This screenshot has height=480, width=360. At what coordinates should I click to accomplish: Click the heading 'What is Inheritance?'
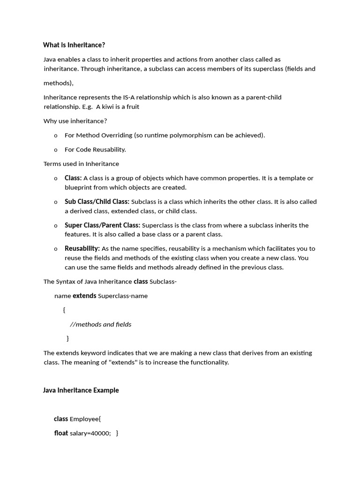coord(74,45)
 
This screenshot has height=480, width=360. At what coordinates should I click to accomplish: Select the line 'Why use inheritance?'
coord(75,121)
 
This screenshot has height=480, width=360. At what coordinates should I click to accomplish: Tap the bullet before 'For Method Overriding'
coord(56,135)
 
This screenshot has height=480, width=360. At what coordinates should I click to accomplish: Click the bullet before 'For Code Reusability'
coord(56,150)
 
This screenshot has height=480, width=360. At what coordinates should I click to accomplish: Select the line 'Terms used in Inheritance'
coord(81,164)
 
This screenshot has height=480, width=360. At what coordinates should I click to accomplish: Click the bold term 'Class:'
coord(73,178)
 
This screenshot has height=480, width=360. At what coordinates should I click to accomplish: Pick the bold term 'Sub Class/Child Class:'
coord(97,202)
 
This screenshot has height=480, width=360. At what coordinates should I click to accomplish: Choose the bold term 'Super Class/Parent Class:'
coord(102,225)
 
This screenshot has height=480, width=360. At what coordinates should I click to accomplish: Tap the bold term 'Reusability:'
coord(82,248)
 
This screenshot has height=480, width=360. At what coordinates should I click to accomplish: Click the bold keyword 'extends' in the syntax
coord(84,296)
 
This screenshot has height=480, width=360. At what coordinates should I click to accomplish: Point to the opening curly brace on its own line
coord(64,310)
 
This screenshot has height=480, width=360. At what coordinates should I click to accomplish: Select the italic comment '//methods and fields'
coord(100,324)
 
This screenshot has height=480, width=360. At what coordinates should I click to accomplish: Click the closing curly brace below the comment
coord(68,338)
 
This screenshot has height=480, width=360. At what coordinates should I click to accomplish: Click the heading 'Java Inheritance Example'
coord(81,390)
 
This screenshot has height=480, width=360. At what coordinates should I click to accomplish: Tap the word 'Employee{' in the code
coord(85,419)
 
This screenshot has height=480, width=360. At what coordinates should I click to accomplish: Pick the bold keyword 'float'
coord(61,433)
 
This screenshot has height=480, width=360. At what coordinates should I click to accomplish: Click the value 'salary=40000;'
coord(90,434)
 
